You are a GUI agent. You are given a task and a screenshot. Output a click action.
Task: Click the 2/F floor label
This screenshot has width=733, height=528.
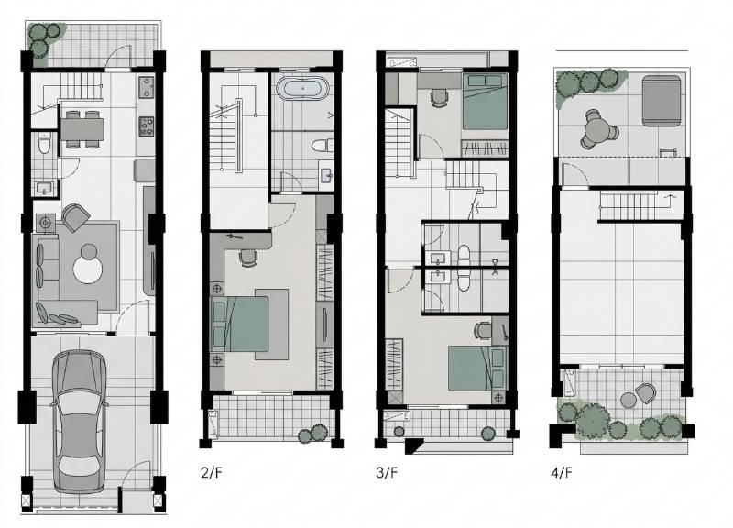point(212,472)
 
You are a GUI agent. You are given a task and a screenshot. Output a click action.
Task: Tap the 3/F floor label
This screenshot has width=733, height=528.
point(387,472)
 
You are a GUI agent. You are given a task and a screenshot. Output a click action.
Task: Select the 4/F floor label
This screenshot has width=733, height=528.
point(562,472)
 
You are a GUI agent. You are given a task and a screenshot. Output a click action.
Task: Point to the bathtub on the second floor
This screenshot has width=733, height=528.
point(302,88)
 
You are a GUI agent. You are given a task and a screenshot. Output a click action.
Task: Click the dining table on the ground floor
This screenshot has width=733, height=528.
point(82,129)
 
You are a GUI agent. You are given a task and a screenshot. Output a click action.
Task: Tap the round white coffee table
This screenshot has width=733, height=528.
point(87,269)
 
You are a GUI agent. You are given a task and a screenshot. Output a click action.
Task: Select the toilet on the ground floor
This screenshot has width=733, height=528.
point(43,144)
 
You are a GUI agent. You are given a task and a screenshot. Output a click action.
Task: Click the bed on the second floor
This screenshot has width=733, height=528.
point(240,324)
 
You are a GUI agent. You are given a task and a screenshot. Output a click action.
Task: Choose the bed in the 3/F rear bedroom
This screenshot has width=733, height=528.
point(485,101)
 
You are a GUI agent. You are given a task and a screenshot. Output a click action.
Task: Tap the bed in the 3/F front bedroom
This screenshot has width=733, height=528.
point(476,368)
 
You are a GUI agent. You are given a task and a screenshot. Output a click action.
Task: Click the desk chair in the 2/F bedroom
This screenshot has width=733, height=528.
point(248,258)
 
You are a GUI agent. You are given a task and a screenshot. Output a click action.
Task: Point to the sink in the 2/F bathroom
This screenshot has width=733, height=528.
point(325,175)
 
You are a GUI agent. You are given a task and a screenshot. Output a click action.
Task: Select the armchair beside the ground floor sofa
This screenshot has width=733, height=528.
point(75,217)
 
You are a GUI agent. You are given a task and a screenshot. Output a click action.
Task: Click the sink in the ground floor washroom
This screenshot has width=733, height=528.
point(44,188)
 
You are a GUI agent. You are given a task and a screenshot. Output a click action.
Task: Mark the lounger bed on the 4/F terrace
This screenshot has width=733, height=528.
point(661,101)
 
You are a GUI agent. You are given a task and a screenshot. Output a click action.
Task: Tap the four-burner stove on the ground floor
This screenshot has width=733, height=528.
point(147,126)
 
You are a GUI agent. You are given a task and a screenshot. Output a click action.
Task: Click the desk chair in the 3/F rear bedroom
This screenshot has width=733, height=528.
point(439,98)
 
